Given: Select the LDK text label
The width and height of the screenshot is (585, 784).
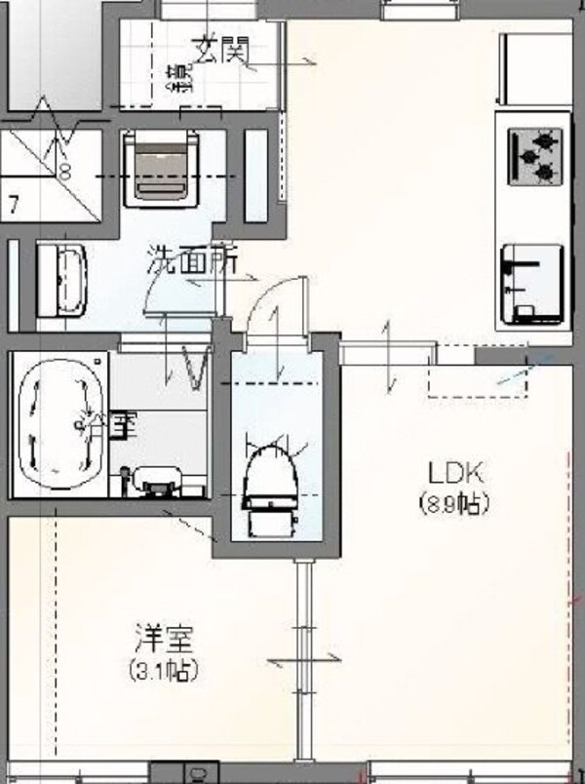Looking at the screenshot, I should (454, 475).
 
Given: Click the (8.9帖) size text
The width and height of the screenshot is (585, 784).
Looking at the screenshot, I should (454, 504).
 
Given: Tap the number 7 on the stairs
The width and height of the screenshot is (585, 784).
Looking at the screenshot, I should (14, 204).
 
